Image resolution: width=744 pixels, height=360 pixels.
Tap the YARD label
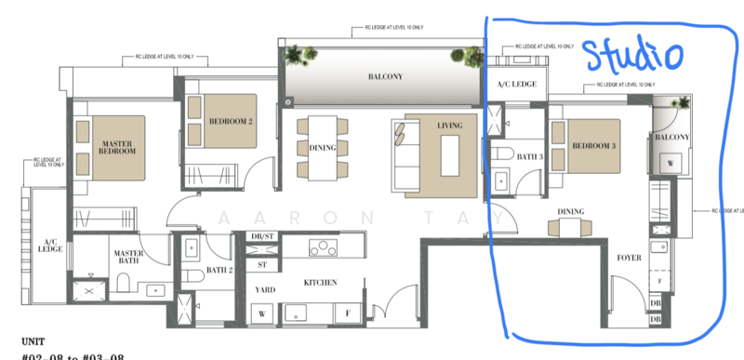[x=265, y=289]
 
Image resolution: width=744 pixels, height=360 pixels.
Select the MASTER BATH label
[x=126, y=258]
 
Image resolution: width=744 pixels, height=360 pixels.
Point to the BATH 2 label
[x=219, y=270]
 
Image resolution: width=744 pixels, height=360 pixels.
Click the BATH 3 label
[x=529, y=157]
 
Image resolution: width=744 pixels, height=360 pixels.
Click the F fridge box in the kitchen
[x=349, y=313]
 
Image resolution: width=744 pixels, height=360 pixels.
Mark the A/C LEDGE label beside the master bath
[x=48, y=246]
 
